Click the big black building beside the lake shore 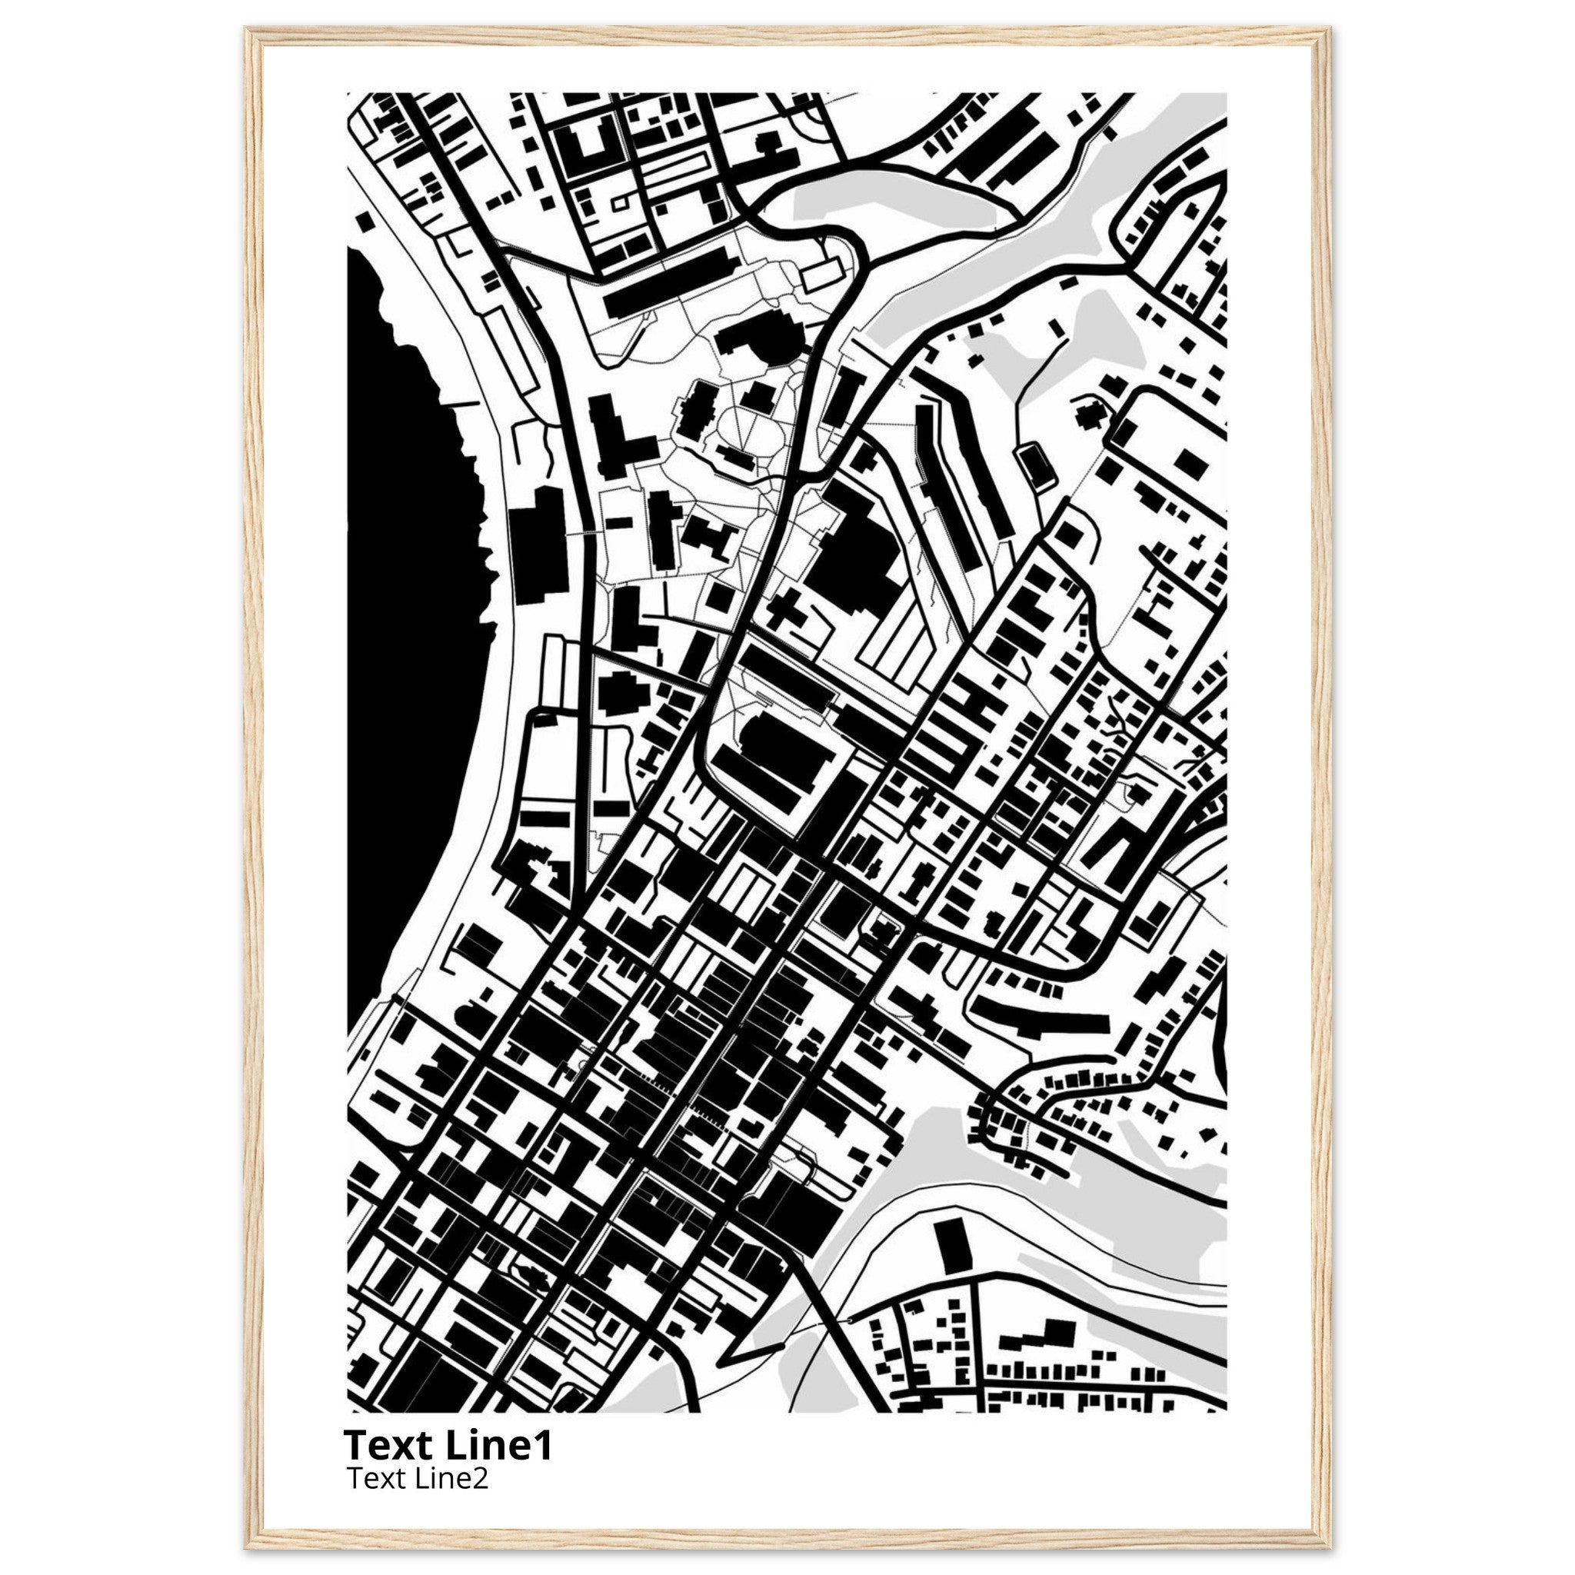tap(538, 544)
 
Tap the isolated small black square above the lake tap(365, 222)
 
